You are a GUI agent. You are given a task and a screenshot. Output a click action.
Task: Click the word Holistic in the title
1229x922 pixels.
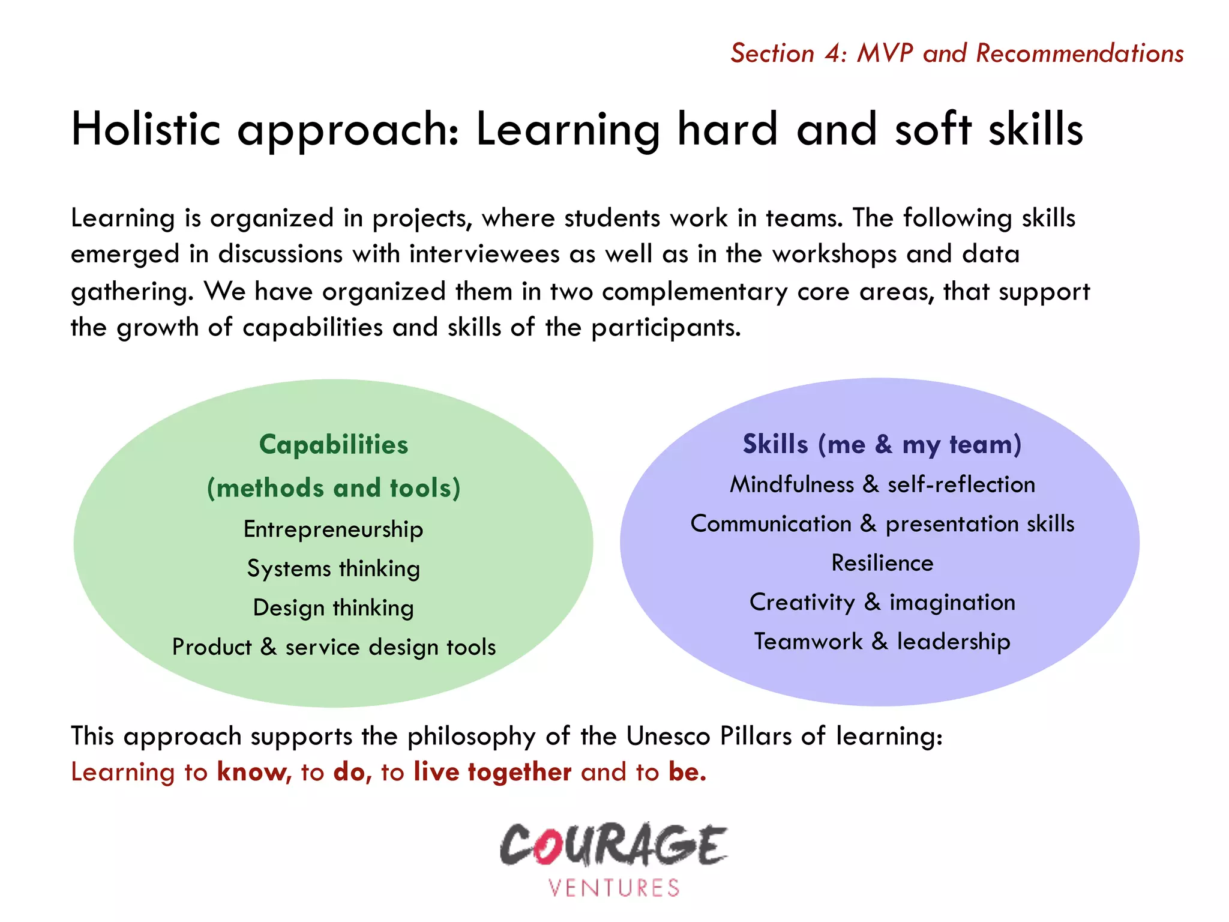pos(146,129)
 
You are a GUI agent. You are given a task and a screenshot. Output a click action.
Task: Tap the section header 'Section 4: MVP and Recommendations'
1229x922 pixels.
pos(957,53)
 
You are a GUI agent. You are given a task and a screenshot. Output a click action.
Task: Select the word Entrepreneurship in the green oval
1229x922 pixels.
pos(333,529)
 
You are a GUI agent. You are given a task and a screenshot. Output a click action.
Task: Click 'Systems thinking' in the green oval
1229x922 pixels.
pos(333,568)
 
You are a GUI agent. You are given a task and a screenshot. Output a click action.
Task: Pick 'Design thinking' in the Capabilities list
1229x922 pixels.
pos(333,607)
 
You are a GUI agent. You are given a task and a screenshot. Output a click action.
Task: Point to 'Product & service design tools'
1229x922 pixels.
pos(334,647)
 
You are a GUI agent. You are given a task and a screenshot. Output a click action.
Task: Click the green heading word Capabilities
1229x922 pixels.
pos(334,445)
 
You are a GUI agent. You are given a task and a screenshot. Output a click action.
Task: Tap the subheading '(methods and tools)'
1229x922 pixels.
pos(334,487)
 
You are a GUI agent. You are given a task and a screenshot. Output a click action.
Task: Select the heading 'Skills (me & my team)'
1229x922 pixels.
pos(882,444)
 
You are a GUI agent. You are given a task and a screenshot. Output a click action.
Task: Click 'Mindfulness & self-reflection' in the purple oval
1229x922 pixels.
pos(882,484)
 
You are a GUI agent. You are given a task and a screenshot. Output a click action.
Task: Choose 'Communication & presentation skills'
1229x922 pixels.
pos(882,523)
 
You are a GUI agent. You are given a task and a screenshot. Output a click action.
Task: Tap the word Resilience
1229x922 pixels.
pos(882,563)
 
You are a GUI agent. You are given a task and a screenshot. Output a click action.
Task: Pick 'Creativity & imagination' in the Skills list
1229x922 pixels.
pos(882,602)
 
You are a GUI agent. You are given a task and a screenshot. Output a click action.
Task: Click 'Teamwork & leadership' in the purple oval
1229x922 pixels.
pos(882,641)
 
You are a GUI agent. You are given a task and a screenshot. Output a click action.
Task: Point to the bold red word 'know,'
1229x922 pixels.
pos(254,772)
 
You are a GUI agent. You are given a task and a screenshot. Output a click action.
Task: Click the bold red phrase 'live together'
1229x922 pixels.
pos(492,772)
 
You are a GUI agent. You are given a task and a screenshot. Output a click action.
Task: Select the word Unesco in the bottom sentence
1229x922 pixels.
pos(668,736)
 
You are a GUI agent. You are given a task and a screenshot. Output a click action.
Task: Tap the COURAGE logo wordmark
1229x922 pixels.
pos(613,845)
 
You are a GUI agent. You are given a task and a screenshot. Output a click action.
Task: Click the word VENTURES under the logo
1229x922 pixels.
pos(613,888)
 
